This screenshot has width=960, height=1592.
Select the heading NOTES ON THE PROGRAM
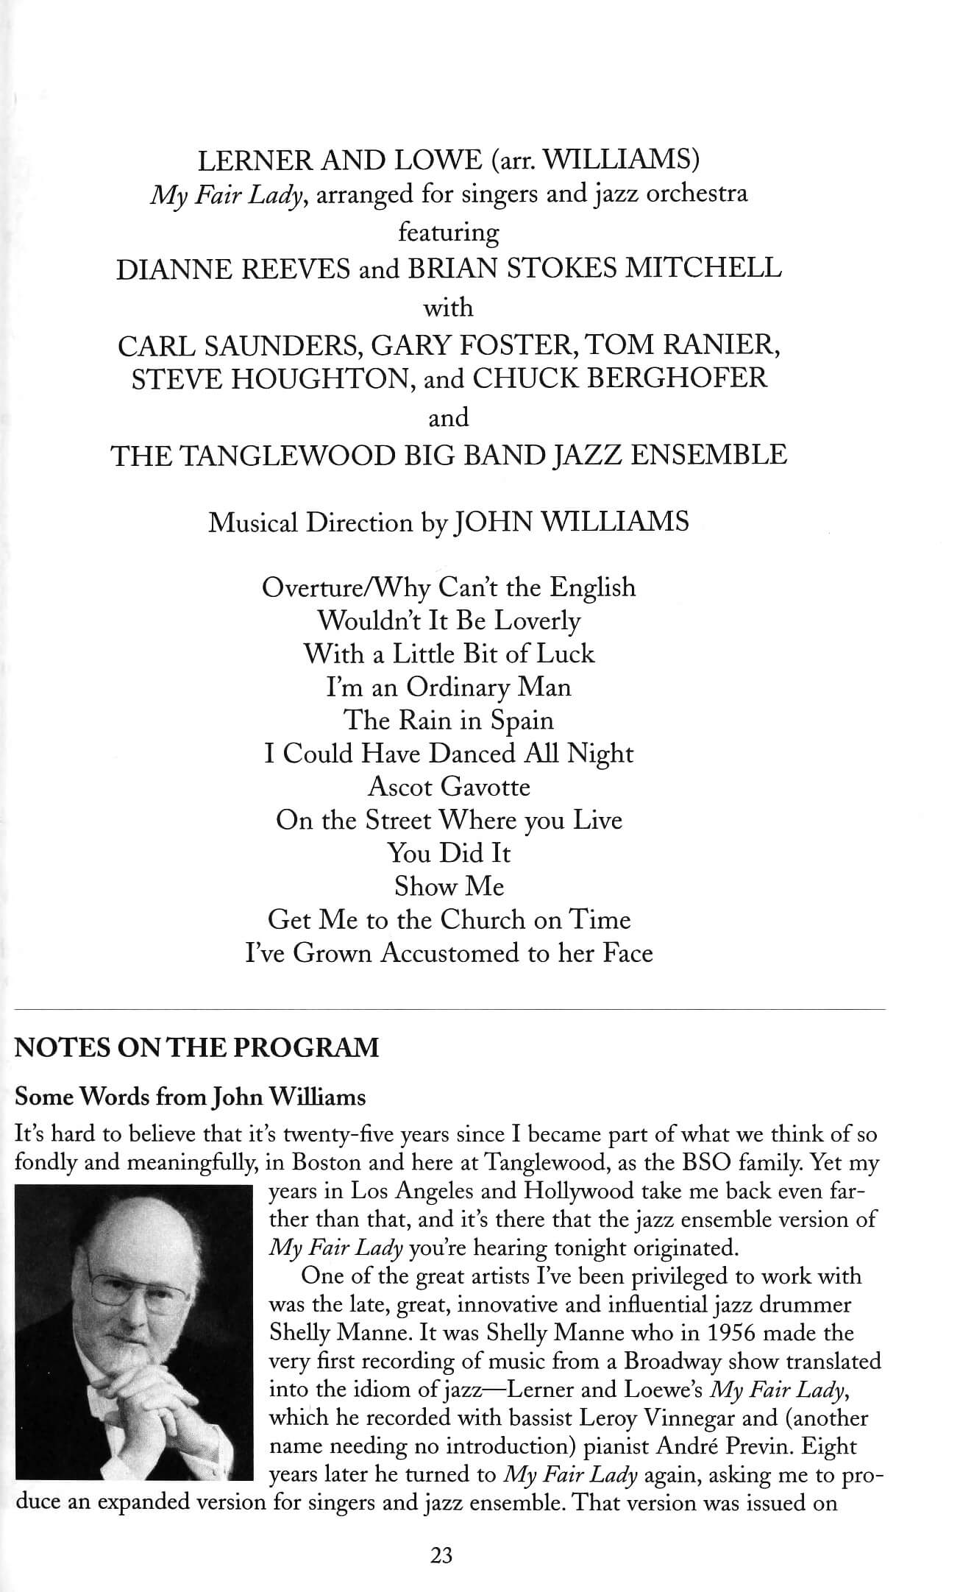[x=197, y=1047]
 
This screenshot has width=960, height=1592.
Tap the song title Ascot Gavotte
[x=449, y=787]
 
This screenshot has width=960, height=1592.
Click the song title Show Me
[x=449, y=886]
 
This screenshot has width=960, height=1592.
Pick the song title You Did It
[x=449, y=853]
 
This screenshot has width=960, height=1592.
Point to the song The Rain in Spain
[x=449, y=720]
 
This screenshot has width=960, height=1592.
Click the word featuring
[x=448, y=233]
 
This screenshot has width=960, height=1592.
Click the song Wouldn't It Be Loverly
[x=449, y=620]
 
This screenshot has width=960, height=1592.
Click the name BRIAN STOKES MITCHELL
[x=594, y=269]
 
